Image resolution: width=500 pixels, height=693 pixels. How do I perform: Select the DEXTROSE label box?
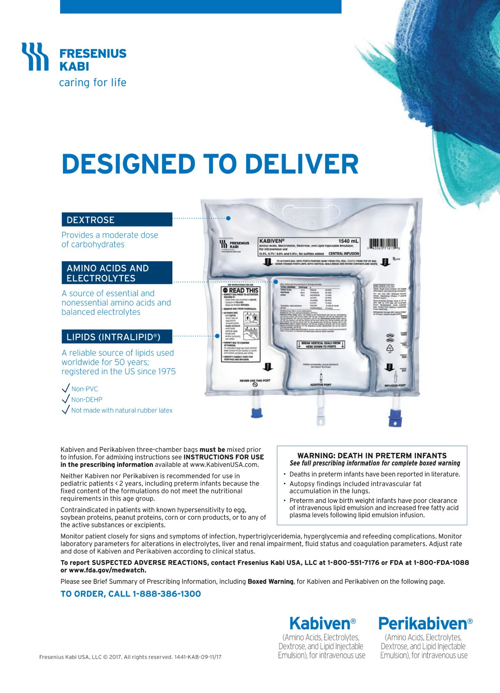(117, 219)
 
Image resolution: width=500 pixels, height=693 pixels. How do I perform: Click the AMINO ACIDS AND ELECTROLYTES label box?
(117, 273)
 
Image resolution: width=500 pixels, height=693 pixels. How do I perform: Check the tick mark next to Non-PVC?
(65, 388)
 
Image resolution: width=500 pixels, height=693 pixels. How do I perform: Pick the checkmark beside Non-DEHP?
(65, 399)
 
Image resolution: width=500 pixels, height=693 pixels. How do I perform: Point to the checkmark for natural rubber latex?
(65, 410)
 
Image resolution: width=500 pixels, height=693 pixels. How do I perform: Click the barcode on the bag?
(383, 244)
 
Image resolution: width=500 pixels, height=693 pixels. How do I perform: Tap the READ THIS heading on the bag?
(243, 290)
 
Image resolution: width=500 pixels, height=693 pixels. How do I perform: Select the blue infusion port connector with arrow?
(395, 418)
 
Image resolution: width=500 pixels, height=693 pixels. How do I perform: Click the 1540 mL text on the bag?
(348, 241)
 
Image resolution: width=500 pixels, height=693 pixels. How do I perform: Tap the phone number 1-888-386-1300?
(167, 594)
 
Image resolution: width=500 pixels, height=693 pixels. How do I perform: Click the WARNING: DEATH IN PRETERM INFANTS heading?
(372, 456)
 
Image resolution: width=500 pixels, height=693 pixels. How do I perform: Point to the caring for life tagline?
(92, 82)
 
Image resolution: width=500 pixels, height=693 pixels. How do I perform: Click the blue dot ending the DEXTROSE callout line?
(228, 218)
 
